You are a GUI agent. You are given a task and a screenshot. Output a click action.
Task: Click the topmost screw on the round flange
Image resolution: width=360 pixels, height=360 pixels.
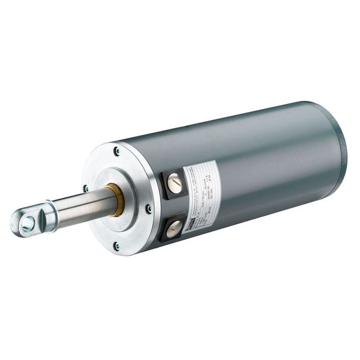pos(117,150)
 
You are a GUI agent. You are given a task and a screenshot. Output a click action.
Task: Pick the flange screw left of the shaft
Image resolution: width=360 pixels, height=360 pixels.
pos(86,188)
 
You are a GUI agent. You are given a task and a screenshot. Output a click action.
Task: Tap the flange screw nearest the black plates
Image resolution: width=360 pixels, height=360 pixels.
pos(148,208)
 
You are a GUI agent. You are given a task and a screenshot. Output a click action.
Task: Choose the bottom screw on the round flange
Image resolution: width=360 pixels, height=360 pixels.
pos(116,246)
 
